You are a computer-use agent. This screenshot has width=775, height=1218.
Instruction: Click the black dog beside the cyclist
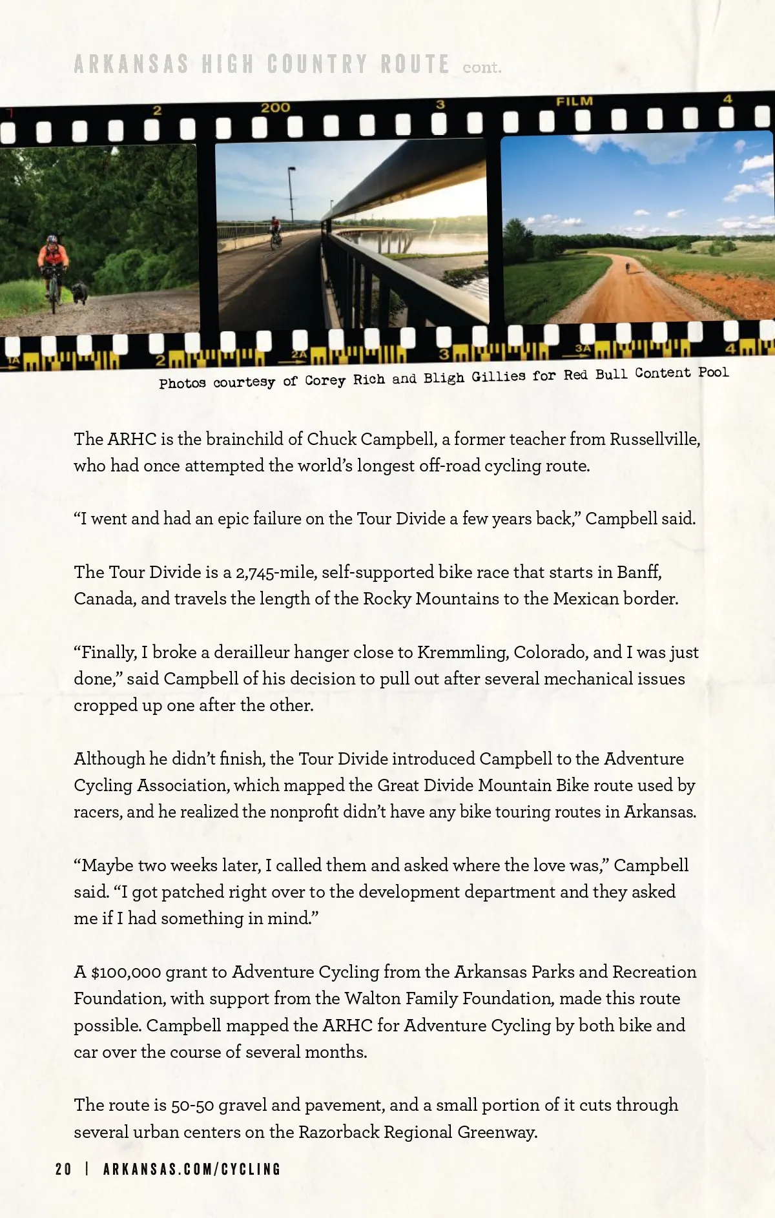tap(80, 292)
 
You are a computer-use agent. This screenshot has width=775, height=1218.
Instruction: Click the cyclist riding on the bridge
tap(276, 232)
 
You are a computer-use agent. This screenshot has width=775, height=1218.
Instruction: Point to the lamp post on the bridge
tap(291, 194)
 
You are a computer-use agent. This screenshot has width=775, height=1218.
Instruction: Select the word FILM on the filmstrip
tap(574, 101)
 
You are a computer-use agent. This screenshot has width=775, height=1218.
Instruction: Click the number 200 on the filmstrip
tap(276, 108)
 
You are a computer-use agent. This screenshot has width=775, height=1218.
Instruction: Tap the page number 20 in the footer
tap(63, 1169)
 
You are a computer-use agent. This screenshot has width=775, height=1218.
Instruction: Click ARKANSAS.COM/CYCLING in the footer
tap(192, 1169)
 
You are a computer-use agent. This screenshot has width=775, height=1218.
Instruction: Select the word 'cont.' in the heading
tap(482, 67)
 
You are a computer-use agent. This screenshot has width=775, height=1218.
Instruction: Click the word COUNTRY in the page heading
tap(317, 65)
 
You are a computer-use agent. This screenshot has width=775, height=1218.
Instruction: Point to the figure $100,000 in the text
tap(126, 972)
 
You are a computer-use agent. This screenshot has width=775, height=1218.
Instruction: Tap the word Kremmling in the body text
tap(461, 652)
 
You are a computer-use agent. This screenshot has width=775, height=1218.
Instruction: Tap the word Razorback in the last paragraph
tap(339, 1132)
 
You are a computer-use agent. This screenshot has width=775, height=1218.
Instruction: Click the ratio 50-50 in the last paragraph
tap(192, 1106)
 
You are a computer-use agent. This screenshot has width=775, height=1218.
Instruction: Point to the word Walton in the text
tap(372, 998)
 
